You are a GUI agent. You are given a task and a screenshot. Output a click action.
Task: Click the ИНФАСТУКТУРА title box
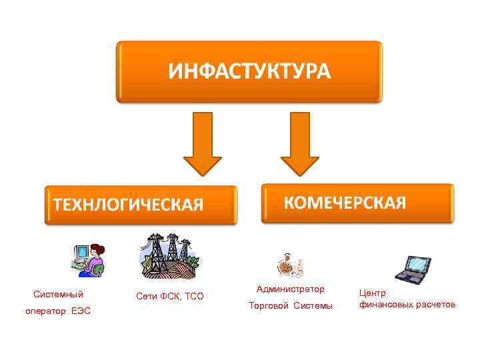249,71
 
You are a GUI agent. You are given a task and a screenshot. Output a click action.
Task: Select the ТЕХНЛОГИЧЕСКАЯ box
141,205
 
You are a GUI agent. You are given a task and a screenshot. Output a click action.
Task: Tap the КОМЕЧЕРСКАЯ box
357,203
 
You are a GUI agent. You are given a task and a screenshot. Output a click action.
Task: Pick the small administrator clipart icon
291,265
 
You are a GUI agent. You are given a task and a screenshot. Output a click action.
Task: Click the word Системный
59,294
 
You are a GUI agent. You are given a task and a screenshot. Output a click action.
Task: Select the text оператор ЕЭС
59,311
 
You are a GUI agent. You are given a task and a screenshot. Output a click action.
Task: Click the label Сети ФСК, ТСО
169,296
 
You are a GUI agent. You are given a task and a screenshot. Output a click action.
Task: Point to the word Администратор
291,289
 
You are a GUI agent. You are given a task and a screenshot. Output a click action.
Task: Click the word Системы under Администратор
313,306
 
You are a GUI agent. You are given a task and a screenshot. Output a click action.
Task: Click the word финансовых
385,305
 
